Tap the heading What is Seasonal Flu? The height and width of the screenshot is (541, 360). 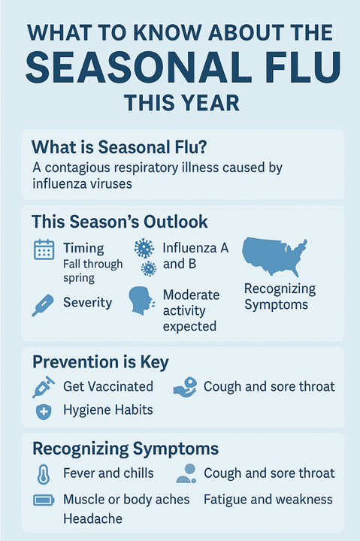(104, 147)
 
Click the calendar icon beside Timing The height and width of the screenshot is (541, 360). (44, 249)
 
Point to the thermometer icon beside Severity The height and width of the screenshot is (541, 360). (43, 304)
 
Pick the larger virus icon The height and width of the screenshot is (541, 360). (142, 248)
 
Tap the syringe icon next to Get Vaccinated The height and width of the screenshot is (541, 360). (43, 386)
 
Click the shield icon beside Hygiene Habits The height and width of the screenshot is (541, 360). (43, 411)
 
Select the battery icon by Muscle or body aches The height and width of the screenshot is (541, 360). (43, 500)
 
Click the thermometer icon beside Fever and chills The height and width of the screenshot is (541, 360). (43, 474)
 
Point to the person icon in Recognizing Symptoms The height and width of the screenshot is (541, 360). (185, 473)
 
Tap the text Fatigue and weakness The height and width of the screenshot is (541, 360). (268, 499)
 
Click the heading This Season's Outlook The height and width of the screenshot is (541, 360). (120, 222)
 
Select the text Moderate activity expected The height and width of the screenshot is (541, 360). (190, 310)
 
